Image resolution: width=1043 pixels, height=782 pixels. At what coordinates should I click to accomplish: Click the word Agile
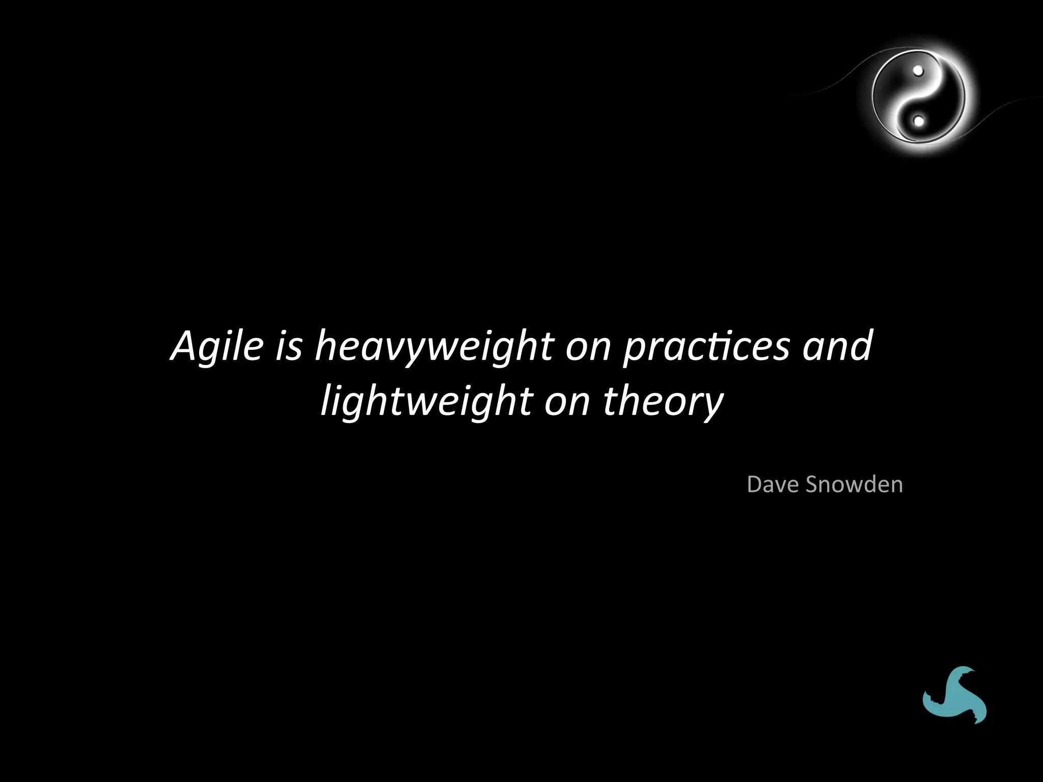click(217, 346)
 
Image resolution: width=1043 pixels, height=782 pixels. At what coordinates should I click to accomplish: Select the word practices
click(706, 347)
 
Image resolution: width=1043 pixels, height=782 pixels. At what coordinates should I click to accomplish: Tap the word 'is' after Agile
click(289, 346)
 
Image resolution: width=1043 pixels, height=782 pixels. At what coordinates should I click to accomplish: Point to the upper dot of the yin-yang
click(918, 71)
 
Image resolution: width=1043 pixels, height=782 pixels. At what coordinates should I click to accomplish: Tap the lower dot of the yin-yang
click(918, 121)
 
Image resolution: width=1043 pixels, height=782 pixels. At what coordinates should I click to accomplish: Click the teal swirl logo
click(954, 695)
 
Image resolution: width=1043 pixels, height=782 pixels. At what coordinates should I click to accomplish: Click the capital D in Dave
click(755, 484)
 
